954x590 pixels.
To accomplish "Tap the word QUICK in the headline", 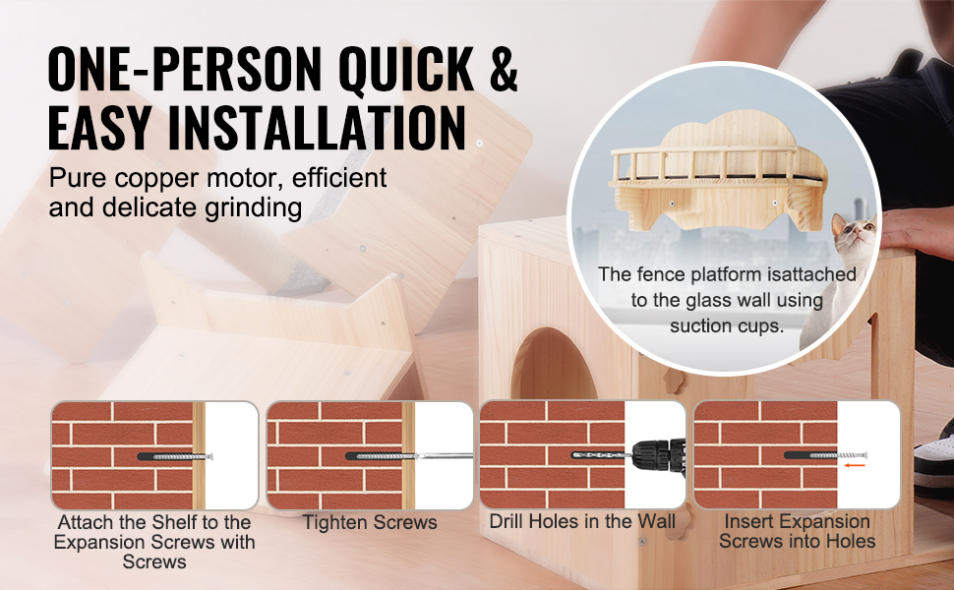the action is (x=406, y=68).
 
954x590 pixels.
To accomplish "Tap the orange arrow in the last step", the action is (x=855, y=465).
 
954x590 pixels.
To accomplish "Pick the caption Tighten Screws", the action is (x=370, y=522).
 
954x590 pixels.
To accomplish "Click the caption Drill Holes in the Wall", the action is (x=582, y=522).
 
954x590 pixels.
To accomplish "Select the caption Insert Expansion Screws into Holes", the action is (x=797, y=531).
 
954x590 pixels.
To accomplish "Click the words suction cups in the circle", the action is (x=727, y=326).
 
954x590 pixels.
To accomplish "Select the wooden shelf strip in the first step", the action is (x=199, y=455).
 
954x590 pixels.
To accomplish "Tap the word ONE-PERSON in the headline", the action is (x=184, y=68).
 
